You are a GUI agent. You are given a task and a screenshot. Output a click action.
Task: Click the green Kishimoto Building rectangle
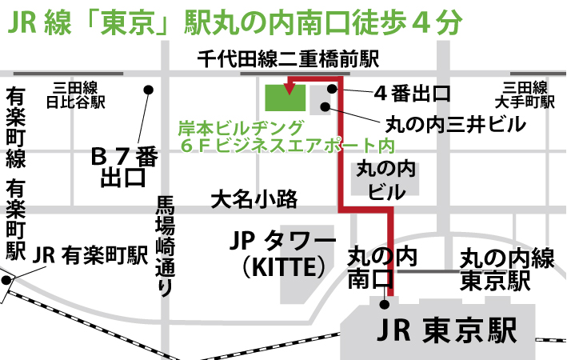tap(285, 97)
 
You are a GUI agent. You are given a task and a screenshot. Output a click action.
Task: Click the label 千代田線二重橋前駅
tap(288, 59)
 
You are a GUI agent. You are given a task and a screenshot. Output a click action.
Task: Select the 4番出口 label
tap(412, 93)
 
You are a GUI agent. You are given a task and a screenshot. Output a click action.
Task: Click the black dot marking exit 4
tap(331, 89)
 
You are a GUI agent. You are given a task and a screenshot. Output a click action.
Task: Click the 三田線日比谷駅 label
tap(76, 95)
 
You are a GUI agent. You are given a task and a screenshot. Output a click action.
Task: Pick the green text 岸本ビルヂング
tap(243, 128)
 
